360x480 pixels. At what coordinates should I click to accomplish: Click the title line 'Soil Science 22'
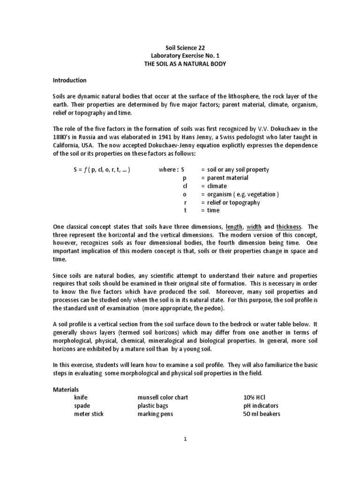(186, 48)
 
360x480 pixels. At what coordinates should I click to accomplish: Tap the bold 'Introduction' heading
(69, 80)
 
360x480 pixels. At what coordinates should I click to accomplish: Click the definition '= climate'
(214, 186)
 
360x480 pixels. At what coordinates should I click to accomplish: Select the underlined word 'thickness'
(289, 227)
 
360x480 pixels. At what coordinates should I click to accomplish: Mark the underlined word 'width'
(254, 227)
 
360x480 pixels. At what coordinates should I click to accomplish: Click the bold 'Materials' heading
(66, 390)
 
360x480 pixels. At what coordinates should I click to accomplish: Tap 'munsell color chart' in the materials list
(163, 397)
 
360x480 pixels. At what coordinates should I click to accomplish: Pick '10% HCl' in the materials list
(252, 397)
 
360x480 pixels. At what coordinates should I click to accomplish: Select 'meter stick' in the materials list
(89, 414)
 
